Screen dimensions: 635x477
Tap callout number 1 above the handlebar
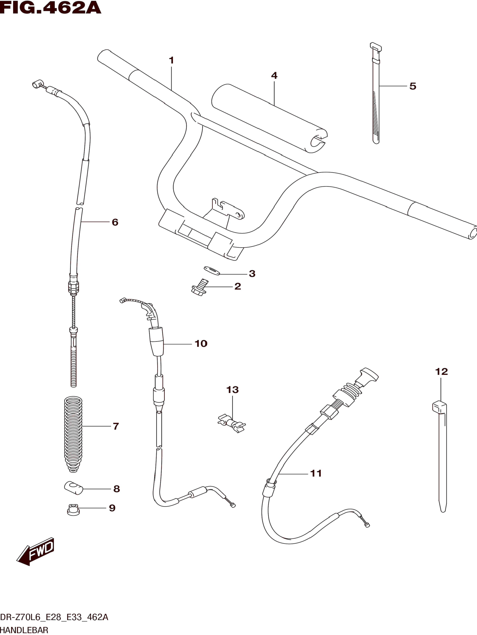(x=171, y=61)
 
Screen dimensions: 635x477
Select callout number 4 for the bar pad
(x=274, y=76)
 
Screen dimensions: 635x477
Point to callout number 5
(x=413, y=86)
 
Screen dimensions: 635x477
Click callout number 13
(x=232, y=390)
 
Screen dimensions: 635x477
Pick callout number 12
(x=441, y=372)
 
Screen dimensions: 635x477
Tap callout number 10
(x=201, y=344)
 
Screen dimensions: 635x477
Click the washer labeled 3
(x=211, y=270)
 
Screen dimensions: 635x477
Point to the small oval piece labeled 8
(x=73, y=488)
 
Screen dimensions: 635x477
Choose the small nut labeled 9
(x=73, y=509)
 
